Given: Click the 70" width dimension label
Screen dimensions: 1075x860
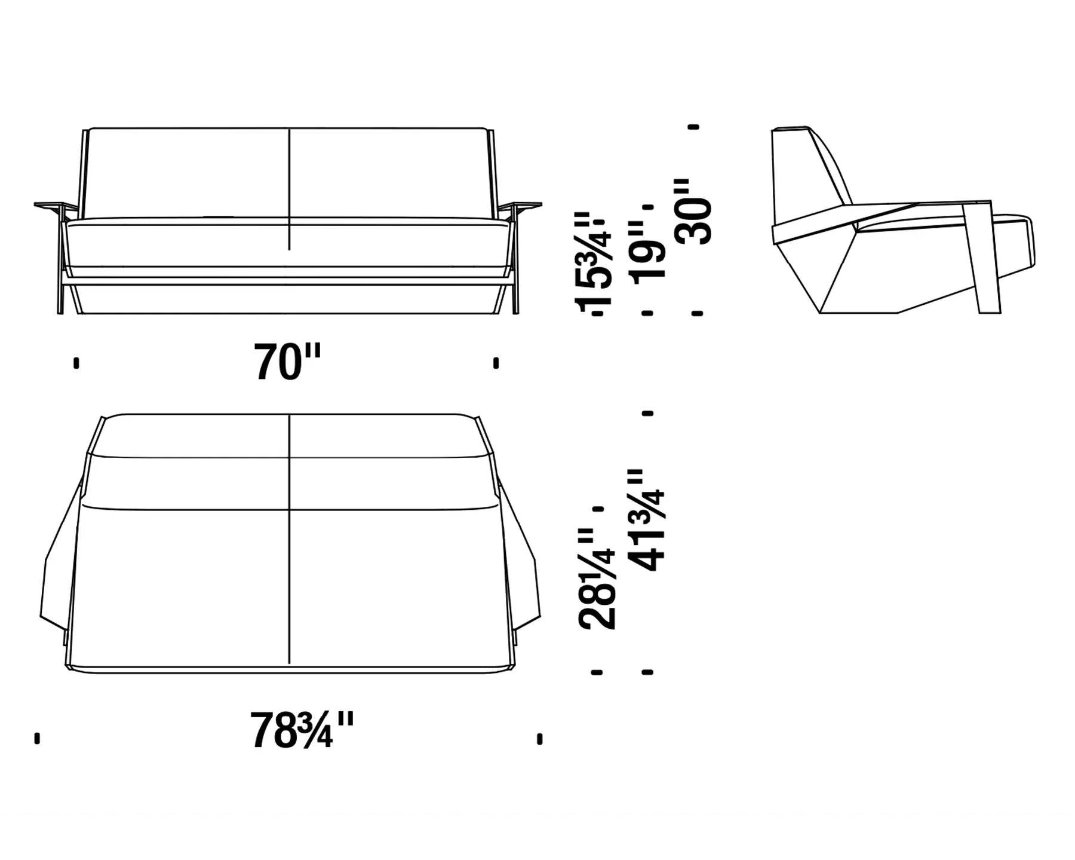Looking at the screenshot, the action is (x=287, y=362).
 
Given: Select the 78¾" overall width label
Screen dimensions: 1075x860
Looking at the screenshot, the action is (x=302, y=730).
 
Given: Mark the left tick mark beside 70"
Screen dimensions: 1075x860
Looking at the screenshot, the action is (x=76, y=363).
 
